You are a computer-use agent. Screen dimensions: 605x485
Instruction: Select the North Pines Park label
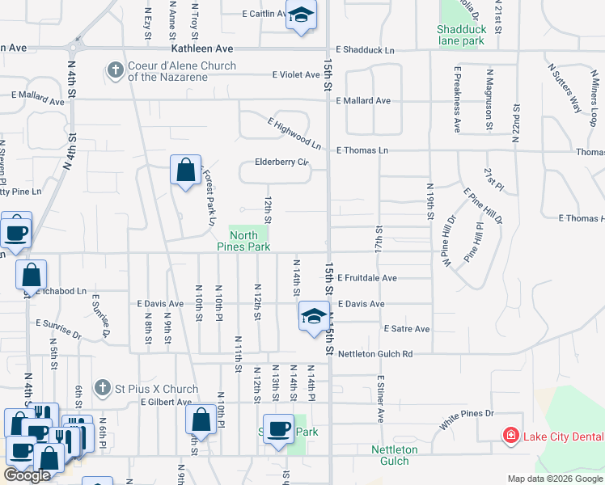coord(249,241)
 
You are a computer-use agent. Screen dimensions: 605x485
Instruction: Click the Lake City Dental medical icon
coord(510,436)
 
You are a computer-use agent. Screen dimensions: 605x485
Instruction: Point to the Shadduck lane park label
coord(460,34)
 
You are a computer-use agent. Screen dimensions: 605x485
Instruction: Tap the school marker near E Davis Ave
coord(314,316)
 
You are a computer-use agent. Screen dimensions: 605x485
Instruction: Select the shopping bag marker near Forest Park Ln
coord(186,170)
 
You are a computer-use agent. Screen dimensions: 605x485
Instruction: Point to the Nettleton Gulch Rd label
coord(375,353)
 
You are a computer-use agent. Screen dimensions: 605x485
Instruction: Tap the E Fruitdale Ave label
coord(367,278)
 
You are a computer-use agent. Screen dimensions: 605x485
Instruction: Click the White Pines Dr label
coord(467,413)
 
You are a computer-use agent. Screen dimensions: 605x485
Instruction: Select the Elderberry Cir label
coord(282,162)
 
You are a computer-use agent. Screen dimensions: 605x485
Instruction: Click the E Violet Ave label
coord(297,75)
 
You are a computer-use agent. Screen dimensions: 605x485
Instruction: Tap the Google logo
coord(27,475)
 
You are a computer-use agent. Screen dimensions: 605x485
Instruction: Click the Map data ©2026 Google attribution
coord(555,479)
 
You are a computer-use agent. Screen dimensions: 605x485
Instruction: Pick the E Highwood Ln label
coord(294,133)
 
